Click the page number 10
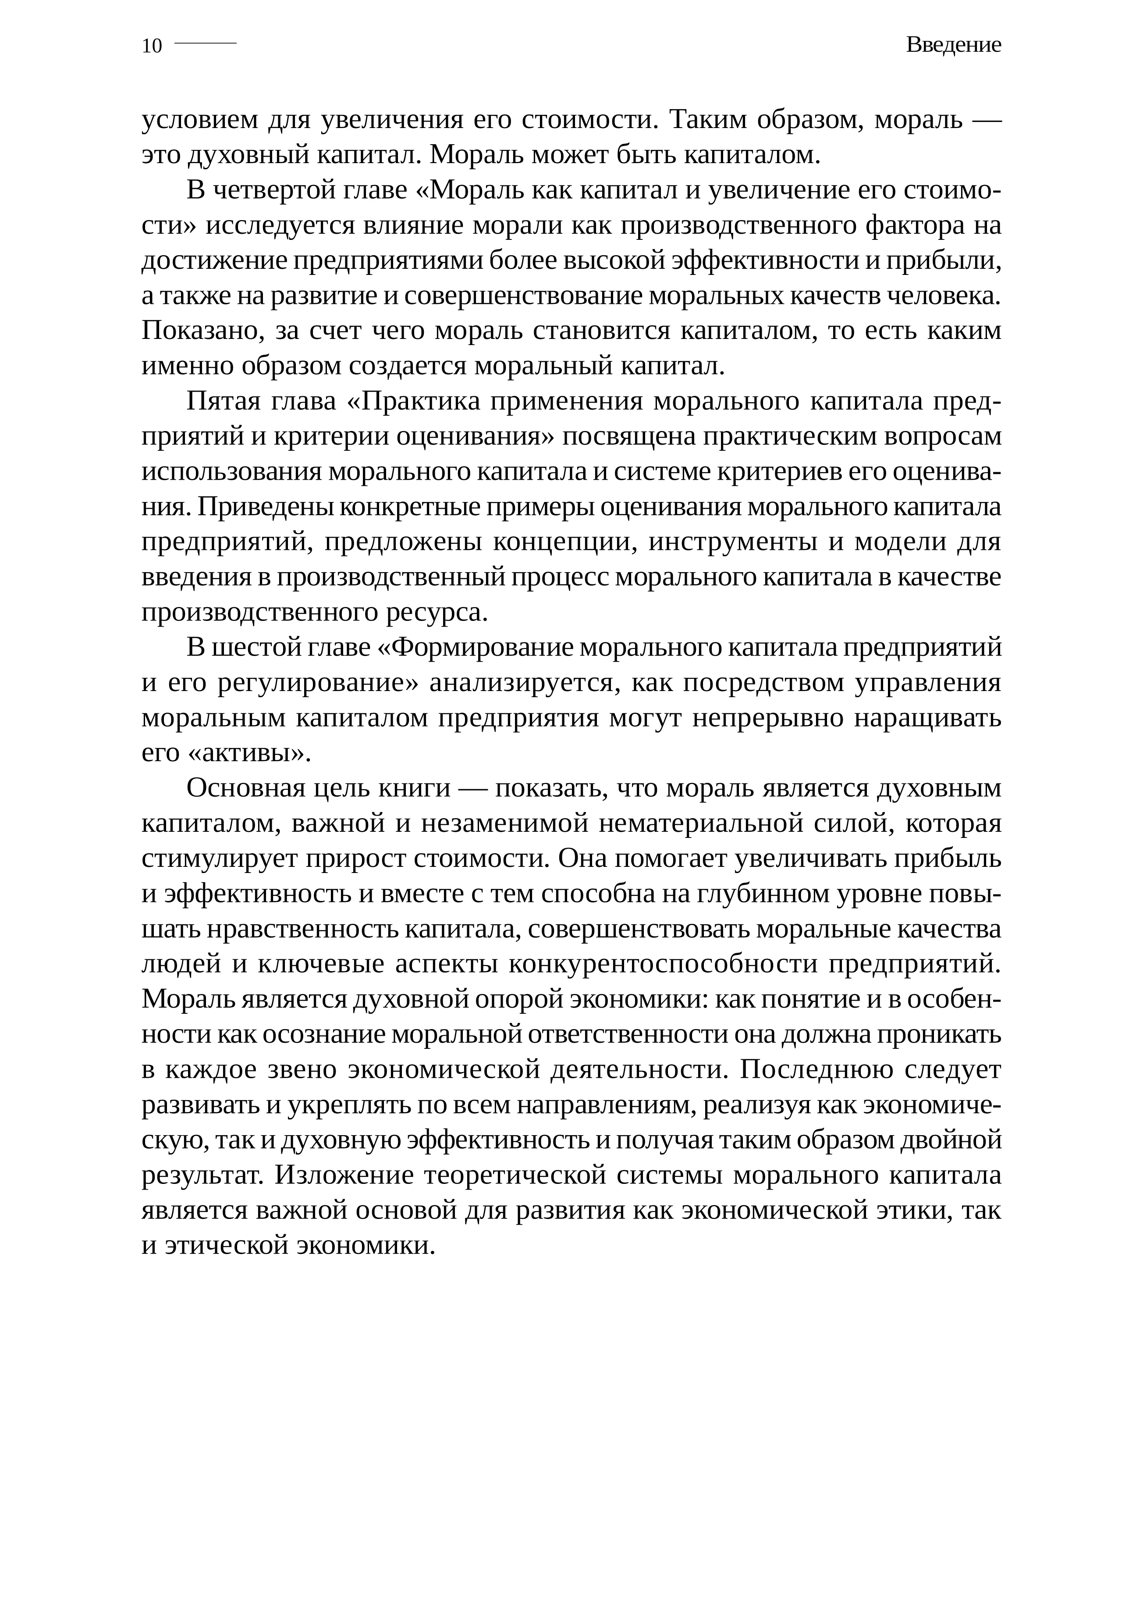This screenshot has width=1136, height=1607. pos(152,46)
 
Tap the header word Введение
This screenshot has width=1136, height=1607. pos(953,45)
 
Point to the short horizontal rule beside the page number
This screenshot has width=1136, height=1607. pos(205,43)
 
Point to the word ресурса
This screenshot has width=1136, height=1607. pos(437,613)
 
